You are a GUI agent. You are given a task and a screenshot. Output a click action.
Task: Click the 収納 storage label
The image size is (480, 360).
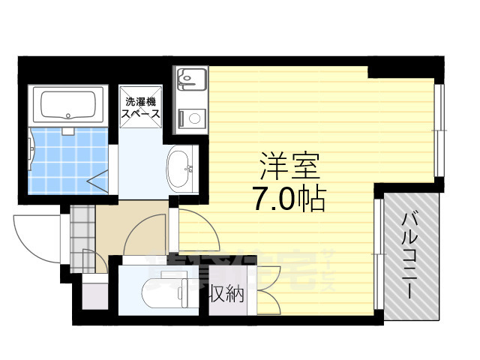226,295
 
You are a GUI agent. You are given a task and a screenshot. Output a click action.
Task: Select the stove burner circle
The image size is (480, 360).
193,117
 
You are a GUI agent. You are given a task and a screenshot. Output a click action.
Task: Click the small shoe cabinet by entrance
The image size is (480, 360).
94,292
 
